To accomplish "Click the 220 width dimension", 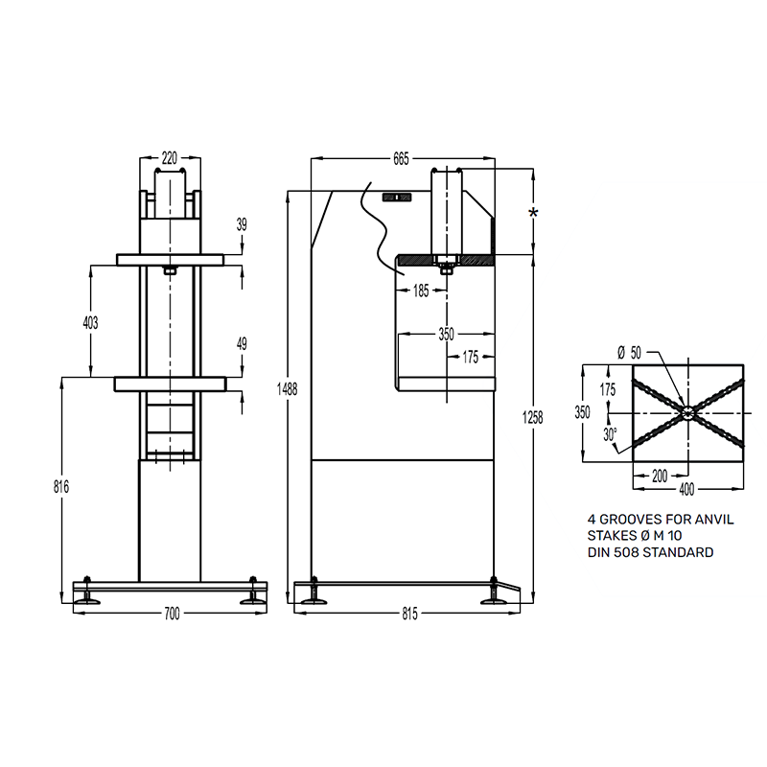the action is pyautogui.click(x=170, y=158).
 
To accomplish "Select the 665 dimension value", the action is pyautogui.click(x=401, y=159).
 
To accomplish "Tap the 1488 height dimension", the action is pyautogui.click(x=287, y=389).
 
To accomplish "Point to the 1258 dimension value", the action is pyautogui.click(x=533, y=418).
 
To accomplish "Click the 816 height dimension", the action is pyautogui.click(x=61, y=487).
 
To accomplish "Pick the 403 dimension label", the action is pyautogui.click(x=90, y=323).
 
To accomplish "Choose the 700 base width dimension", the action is pyautogui.click(x=172, y=614).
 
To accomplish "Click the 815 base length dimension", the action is pyautogui.click(x=410, y=614).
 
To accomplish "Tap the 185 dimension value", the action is pyautogui.click(x=421, y=291).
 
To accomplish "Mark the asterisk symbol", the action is pyautogui.click(x=533, y=213).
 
